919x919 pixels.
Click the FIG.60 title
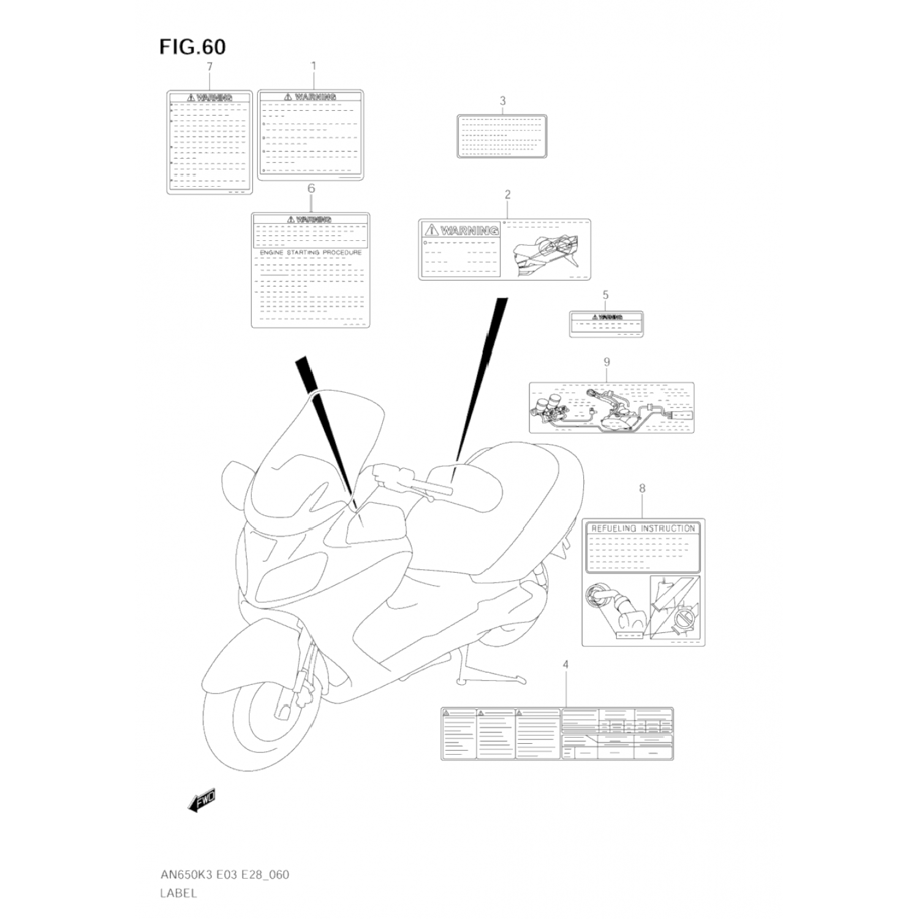click(x=192, y=47)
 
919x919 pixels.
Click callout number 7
click(x=210, y=67)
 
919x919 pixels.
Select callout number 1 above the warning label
click(x=313, y=65)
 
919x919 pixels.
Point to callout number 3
click(x=502, y=101)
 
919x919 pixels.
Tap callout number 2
click(x=507, y=195)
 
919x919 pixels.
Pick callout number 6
click(x=311, y=189)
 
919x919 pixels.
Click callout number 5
click(x=605, y=295)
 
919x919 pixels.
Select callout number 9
click(x=607, y=362)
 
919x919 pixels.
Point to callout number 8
click(x=642, y=489)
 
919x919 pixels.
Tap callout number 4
click(x=565, y=665)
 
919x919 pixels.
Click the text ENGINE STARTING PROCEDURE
click(x=311, y=252)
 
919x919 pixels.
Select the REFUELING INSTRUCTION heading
click(x=643, y=528)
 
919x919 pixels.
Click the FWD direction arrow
click(x=202, y=800)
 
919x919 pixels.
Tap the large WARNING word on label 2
click(x=469, y=231)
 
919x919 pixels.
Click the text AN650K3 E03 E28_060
click(x=224, y=874)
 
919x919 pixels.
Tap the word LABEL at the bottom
click(x=179, y=893)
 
